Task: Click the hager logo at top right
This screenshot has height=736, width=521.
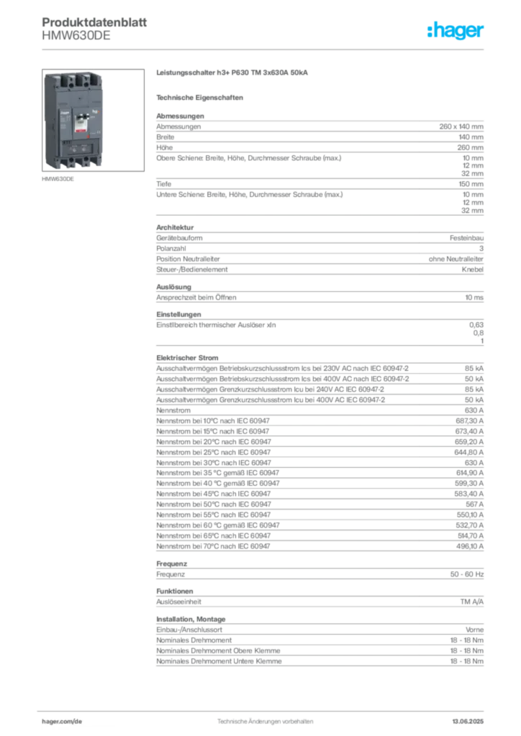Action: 456,30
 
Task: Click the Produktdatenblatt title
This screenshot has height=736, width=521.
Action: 94,22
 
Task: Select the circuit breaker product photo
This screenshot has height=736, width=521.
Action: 93,120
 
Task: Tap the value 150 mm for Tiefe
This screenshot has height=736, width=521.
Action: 471,184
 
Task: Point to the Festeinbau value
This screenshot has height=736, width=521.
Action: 466,238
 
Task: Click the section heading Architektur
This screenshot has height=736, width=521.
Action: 175,227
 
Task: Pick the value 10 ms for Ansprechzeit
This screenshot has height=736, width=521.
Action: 474,298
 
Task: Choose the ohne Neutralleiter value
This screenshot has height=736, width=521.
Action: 456,259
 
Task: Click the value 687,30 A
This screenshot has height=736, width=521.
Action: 469,421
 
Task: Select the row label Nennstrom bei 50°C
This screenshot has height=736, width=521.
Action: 214,505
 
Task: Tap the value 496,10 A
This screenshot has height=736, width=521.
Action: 470,546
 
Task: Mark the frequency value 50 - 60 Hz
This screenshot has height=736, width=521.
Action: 466,574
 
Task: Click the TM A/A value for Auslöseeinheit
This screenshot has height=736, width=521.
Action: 471,602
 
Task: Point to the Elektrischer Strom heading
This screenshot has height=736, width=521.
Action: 187,358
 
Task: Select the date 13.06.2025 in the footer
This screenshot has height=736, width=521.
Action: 468,722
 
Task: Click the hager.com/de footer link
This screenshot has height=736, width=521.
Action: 62,722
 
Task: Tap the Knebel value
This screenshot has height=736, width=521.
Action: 473,270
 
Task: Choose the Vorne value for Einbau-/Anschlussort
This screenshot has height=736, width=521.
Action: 474,630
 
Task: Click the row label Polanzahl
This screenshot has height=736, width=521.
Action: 171,249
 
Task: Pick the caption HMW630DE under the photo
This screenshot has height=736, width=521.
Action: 58,179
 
